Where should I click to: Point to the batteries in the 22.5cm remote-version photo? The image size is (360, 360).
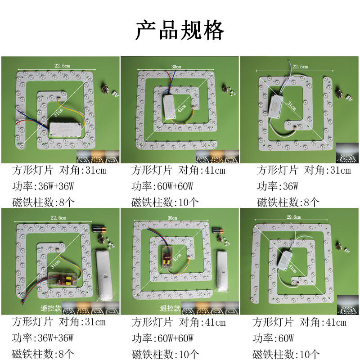[x=100, y=229]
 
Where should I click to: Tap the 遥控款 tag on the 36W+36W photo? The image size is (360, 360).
[x=49, y=309]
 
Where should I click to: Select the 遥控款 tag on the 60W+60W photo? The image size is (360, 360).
[x=171, y=309]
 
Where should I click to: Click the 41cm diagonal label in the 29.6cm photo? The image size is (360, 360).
[x=293, y=269]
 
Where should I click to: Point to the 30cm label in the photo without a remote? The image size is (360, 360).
[x=175, y=67]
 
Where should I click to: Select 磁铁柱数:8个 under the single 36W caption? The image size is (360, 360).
[x=288, y=202]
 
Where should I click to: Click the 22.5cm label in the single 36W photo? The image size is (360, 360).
[x=300, y=66]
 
